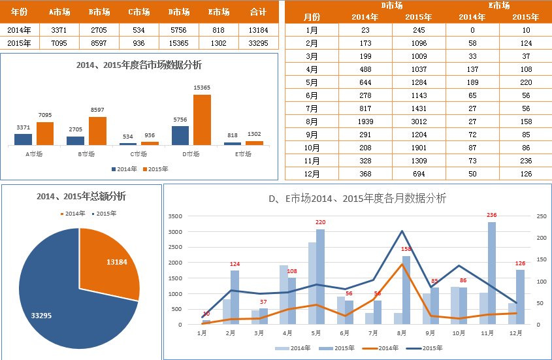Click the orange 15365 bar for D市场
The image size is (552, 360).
point(202,120)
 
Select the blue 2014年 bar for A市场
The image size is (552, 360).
point(23,139)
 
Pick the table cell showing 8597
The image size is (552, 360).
point(99,43)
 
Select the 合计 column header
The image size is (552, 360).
point(258,12)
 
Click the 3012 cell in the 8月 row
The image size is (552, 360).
point(419,121)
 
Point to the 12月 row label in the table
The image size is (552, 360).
point(312,174)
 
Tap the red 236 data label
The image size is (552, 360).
point(492,215)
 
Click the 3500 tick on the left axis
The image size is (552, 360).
point(175,216)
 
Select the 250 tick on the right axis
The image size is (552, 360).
point(542,216)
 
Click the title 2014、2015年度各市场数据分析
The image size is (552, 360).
point(138,65)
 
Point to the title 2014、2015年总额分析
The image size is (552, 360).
point(81,196)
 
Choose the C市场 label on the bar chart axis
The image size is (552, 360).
point(138,154)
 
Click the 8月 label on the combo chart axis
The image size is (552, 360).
point(402,333)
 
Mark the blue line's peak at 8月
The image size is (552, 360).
point(402,231)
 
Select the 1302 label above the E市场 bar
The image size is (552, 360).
point(254,134)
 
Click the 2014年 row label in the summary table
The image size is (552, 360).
point(20,29)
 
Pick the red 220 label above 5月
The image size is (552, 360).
point(320,222)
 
